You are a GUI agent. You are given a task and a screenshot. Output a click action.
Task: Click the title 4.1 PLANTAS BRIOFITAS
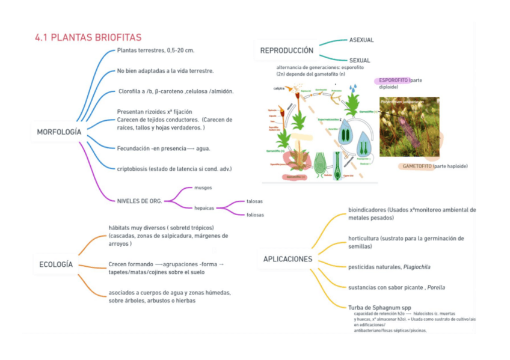[88, 37]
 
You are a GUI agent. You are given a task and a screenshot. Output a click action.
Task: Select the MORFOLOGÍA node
[59, 132]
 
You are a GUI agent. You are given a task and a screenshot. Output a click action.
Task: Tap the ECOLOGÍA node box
[56, 264]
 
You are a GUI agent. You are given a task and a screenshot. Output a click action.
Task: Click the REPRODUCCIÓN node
[287, 50]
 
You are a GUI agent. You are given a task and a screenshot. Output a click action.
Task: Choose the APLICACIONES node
[288, 259]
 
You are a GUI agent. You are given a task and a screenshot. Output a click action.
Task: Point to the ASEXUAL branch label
[361, 40]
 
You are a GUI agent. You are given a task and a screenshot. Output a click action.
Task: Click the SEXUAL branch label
[360, 60]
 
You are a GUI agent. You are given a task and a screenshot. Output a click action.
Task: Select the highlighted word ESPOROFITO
[393, 80]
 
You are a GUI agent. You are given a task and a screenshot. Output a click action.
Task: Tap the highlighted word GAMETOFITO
[417, 166]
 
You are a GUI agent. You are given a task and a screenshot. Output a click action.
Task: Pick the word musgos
[203, 188]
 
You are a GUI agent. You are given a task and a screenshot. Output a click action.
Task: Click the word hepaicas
[204, 208]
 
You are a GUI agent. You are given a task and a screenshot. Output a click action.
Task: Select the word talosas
[255, 201]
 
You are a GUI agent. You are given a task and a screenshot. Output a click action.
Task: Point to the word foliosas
[255, 215]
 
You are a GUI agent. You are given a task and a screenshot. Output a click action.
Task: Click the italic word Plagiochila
[417, 267]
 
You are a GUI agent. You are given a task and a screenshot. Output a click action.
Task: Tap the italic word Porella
[436, 287]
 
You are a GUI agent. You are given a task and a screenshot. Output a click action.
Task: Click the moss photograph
[409, 127]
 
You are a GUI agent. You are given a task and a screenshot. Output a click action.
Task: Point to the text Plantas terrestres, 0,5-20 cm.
[156, 50]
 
